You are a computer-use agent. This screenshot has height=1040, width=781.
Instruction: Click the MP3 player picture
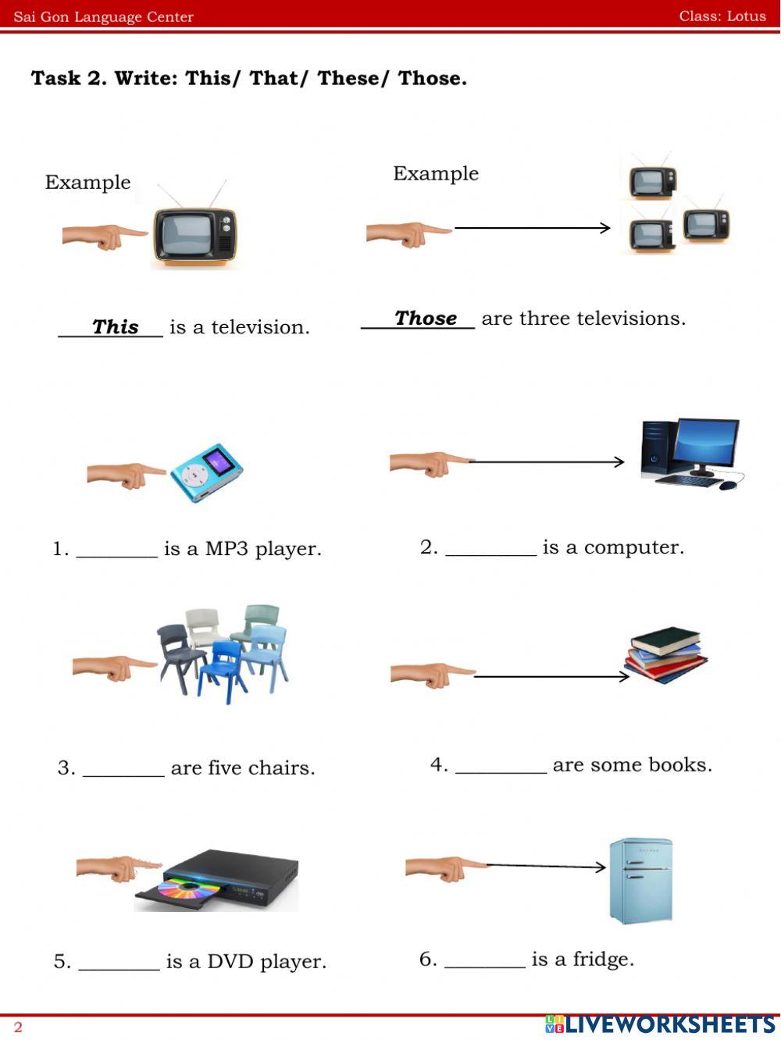coord(207,472)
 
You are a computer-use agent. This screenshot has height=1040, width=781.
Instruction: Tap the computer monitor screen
coord(705,443)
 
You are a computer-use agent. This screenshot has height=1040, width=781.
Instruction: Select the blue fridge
coord(640,880)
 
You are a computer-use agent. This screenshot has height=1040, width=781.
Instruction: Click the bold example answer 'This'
coord(115,327)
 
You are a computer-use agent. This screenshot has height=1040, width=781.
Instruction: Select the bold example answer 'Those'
coord(426,319)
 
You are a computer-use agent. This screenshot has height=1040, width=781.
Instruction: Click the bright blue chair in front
coord(222,668)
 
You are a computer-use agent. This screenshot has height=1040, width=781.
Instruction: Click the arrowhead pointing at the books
coord(624,676)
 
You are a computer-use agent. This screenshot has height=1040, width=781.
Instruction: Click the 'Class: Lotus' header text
coord(722,16)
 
